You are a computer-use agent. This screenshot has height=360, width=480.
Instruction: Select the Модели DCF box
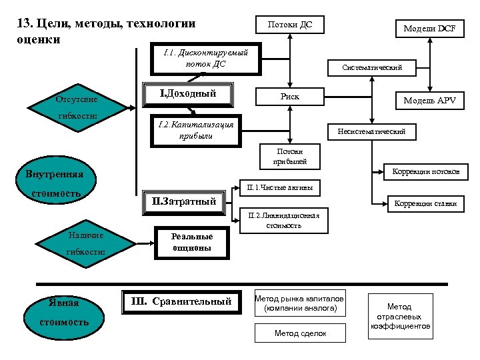pos(429,29)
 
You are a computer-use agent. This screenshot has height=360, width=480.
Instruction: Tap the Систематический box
pos(371,67)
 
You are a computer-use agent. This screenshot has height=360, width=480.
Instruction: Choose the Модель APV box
pos(429,101)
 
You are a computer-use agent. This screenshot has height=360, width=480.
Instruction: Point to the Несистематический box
pos(371,132)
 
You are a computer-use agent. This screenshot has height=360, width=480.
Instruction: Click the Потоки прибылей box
pos(288,156)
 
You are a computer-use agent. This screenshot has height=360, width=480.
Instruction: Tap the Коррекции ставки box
pos(425,203)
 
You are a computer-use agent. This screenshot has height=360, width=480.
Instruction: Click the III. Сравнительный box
pos(180,302)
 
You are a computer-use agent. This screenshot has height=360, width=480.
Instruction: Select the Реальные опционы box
pos(191,242)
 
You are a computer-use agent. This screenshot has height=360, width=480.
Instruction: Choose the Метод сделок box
pos(300,333)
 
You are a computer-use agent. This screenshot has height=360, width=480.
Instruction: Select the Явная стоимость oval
pos(63,313)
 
